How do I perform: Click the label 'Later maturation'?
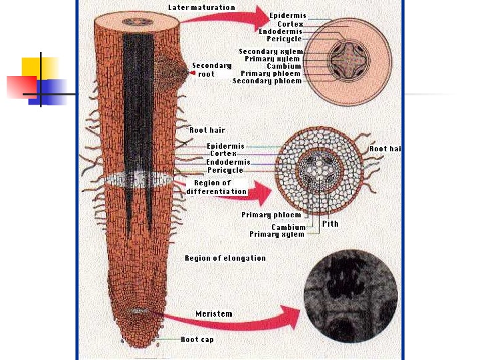[x=201, y=7]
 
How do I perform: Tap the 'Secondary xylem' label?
[x=271, y=51]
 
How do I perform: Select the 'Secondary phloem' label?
[x=267, y=81]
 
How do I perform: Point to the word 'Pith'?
[x=330, y=224]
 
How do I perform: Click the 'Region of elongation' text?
[x=225, y=258]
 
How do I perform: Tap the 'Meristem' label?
[x=214, y=313]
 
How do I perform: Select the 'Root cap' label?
[x=197, y=339]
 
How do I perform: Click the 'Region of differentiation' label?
[x=216, y=187]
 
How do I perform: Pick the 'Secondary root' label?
[x=212, y=69]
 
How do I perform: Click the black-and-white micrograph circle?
[x=350, y=296]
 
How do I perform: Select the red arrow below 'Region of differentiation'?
[x=253, y=195]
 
